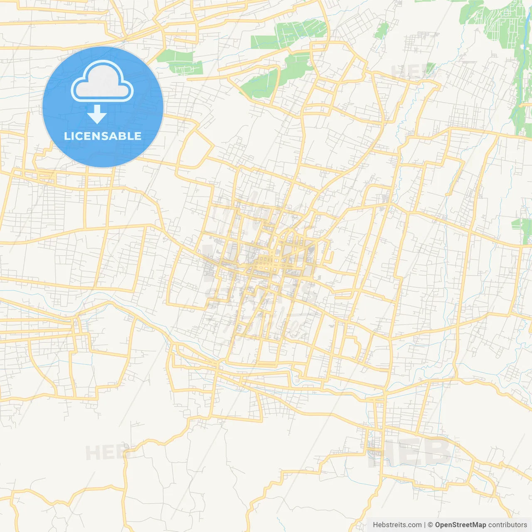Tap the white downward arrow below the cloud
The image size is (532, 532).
click(97, 114)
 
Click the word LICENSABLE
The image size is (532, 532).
click(103, 136)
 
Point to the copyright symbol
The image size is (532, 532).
click(430, 525)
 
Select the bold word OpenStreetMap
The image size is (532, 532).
click(460, 525)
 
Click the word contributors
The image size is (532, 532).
click(507, 525)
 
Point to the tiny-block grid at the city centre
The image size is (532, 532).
click(266, 263)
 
